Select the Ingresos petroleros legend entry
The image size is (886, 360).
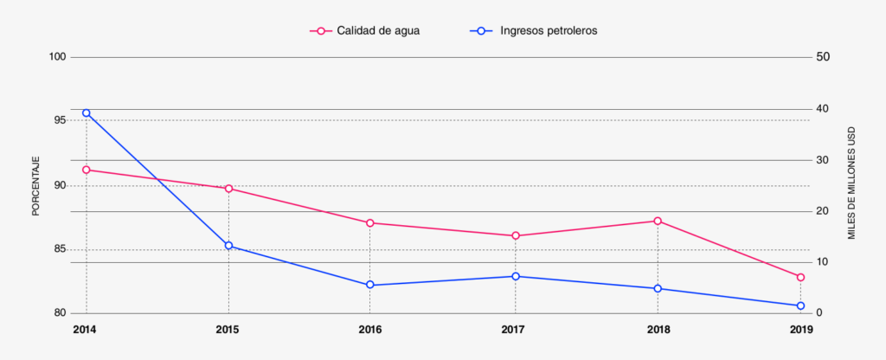coord(536,30)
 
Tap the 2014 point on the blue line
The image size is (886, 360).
coord(87,113)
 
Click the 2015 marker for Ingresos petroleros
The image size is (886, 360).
coord(228,246)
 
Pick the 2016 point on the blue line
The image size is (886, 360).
coord(370,285)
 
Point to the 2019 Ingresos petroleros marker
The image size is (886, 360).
coord(800,305)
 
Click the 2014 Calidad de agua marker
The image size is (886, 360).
coord(87,170)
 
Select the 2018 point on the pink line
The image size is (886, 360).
coord(658,221)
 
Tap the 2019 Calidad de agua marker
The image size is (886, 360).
coord(800,277)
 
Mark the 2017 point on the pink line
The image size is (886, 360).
coord(516,235)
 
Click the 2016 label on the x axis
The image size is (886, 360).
coord(370,330)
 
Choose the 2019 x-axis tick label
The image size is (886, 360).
coord(800,330)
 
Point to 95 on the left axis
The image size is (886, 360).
coord(60,120)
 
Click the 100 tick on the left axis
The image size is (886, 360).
coord(58,57)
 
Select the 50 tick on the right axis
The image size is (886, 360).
coord(824,57)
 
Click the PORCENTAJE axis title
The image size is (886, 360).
coord(35,185)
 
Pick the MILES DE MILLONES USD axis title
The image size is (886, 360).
coord(851,185)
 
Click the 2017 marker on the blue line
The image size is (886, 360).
coord(516,276)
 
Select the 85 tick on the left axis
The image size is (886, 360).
coord(60,249)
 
